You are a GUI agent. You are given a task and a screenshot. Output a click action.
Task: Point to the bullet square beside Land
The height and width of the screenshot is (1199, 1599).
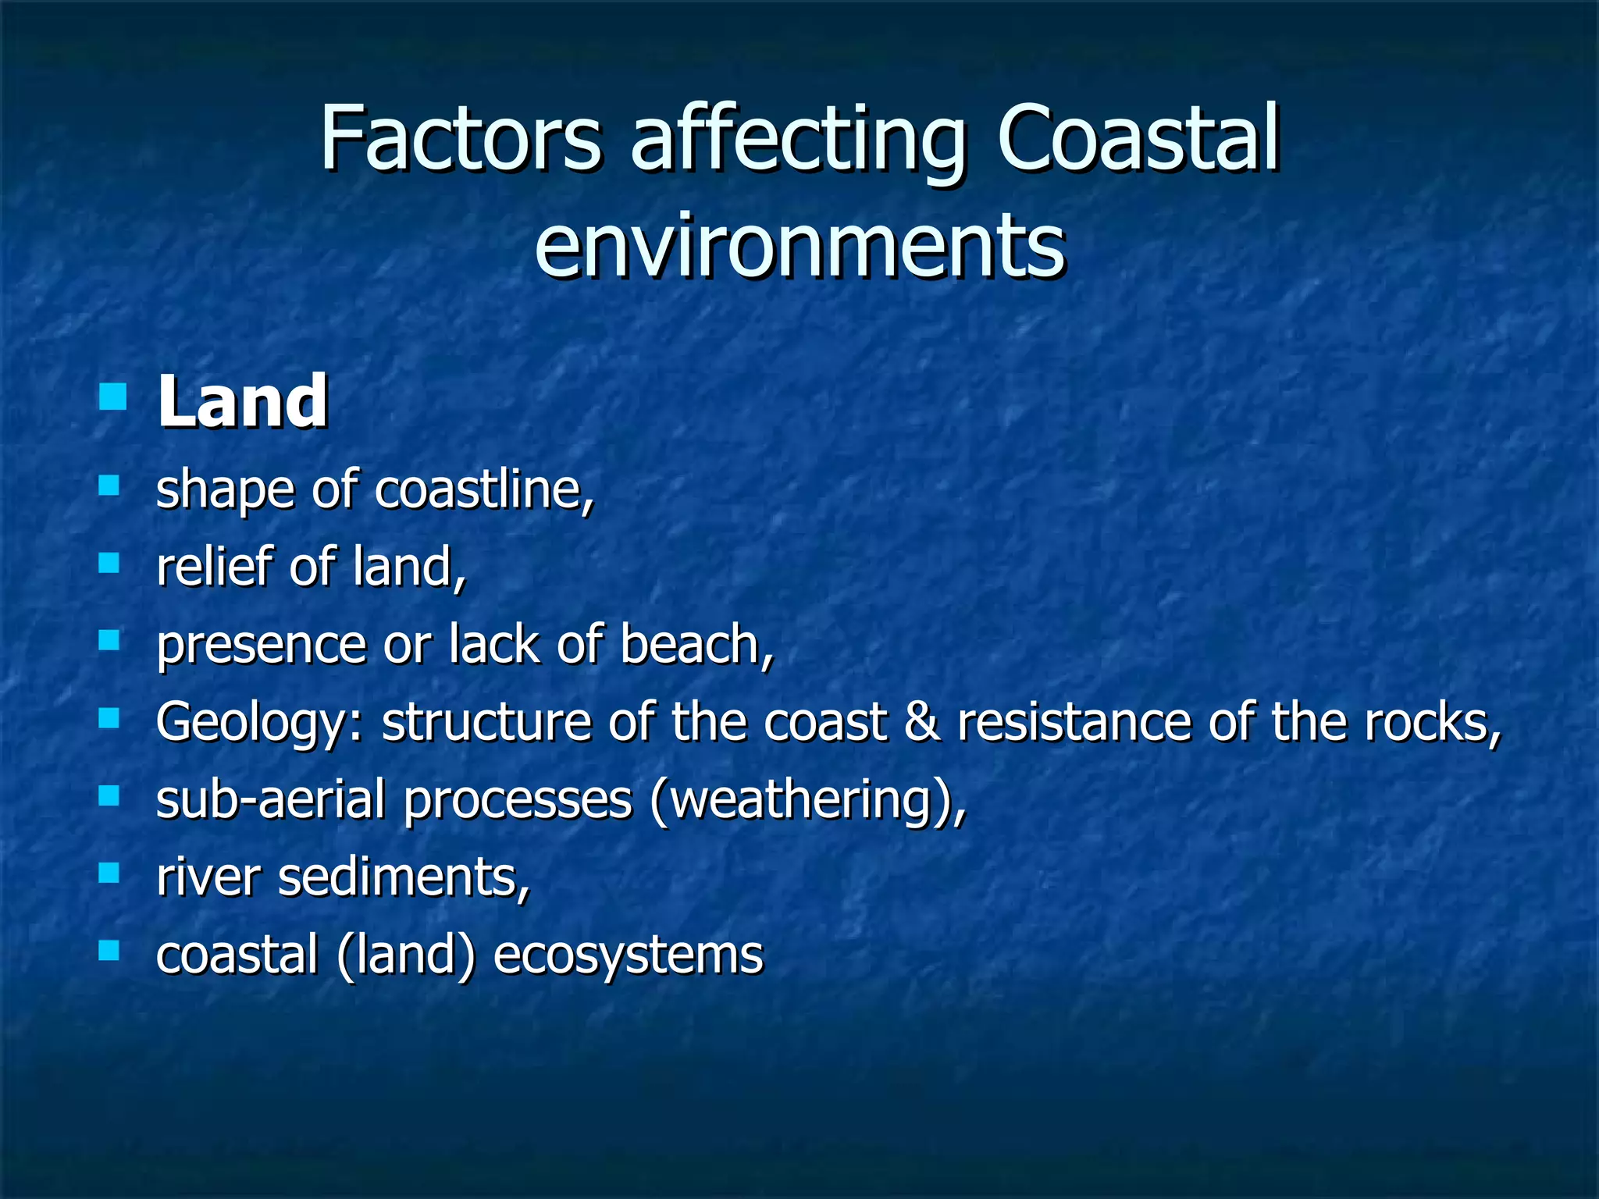113,397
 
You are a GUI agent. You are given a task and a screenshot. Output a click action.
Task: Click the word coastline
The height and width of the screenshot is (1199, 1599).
484,490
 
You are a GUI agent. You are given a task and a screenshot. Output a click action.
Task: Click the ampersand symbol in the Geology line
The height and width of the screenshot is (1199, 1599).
921,721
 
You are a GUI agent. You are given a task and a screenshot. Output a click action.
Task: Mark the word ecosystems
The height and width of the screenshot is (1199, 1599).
628,955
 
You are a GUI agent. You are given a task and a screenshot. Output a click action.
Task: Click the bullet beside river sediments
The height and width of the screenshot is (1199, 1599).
109,872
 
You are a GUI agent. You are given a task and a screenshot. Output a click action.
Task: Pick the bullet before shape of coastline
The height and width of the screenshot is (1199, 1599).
109,486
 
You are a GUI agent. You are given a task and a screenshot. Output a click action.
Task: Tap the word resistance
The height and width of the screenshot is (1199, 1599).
1075,721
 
